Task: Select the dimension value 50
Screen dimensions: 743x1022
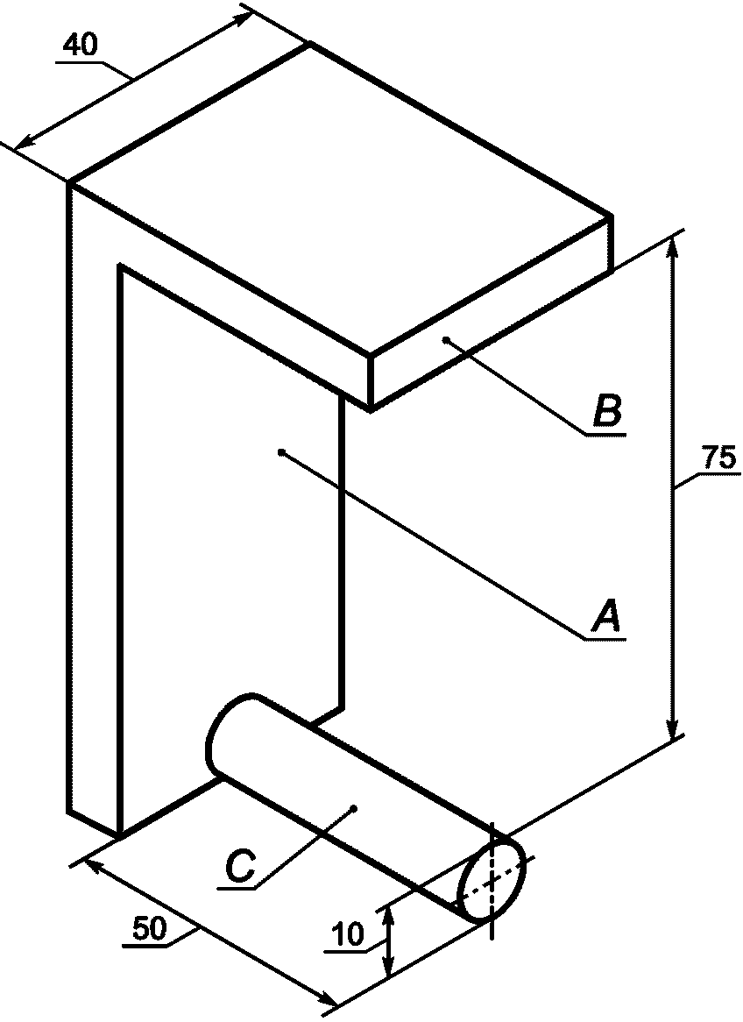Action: click(x=150, y=929)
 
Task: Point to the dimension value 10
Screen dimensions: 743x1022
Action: click(x=349, y=935)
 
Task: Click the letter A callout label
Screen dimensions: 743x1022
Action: click(x=606, y=615)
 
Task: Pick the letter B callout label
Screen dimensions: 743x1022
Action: click(x=607, y=411)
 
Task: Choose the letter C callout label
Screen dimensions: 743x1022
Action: click(x=239, y=867)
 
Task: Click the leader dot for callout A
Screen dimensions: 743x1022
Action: click(x=280, y=452)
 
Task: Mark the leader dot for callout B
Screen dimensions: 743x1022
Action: click(x=446, y=339)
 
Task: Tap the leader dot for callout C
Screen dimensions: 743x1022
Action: click(x=352, y=807)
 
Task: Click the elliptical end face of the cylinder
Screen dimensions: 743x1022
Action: click(x=492, y=877)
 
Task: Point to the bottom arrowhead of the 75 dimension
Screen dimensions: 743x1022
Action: click(x=673, y=729)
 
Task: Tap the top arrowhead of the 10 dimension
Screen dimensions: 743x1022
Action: click(x=388, y=916)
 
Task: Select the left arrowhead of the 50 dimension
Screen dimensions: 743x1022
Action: click(x=92, y=865)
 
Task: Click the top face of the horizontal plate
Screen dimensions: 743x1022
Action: click(x=342, y=202)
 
